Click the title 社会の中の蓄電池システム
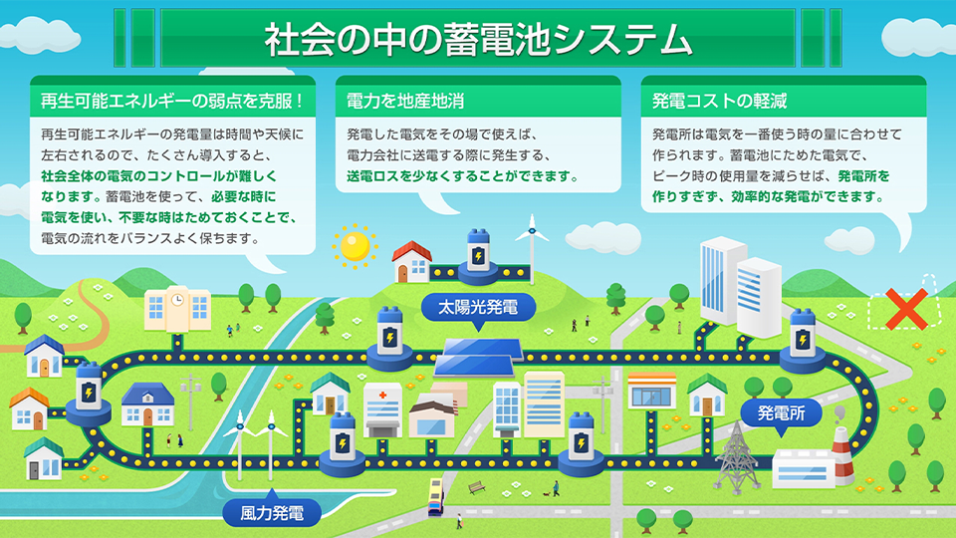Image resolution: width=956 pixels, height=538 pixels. click(479, 39)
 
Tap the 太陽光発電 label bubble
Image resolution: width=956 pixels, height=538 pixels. click(478, 308)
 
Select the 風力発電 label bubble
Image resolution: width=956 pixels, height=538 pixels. click(272, 513)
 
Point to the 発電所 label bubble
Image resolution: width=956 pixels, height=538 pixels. click(781, 412)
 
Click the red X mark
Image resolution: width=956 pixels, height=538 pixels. click(906, 309)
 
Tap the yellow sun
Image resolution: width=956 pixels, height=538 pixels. click(355, 246)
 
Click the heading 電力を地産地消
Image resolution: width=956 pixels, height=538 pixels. click(405, 101)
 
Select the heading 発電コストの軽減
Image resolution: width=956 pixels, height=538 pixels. click(719, 101)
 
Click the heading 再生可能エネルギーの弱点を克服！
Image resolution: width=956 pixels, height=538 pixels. click(172, 101)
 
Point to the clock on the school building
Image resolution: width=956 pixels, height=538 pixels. click(177, 300)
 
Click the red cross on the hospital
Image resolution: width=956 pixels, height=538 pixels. click(382, 396)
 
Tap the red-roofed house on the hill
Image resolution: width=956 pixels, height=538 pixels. click(411, 262)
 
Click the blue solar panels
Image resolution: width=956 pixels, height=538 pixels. click(480, 358)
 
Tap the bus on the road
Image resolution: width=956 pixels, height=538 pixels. click(436, 496)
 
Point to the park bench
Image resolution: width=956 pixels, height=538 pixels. click(477, 487)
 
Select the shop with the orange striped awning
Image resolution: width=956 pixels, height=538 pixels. click(651, 391)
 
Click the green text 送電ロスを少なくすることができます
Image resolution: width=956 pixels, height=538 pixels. click(462, 176)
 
